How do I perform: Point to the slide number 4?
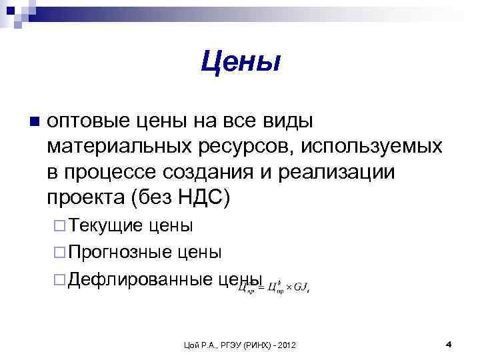448,344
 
